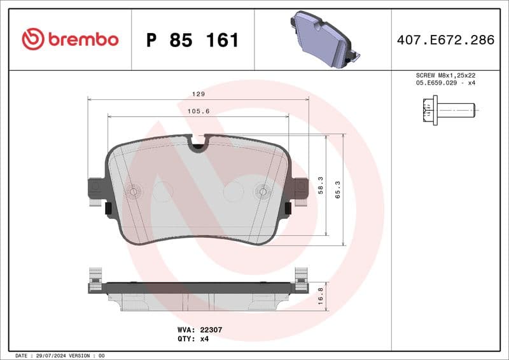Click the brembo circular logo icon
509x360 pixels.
pyautogui.click(x=33, y=39)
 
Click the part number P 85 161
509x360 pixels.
pyautogui.click(x=192, y=40)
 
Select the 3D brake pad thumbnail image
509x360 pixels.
pyautogui.click(x=323, y=39)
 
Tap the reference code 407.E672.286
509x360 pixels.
pyautogui.click(x=445, y=40)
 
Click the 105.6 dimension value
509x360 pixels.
pyautogui.click(x=199, y=111)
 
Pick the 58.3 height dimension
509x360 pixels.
pyautogui.click(x=321, y=185)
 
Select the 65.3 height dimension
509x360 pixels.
pyautogui.click(x=338, y=189)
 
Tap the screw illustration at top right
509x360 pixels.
pyautogui.click(x=449, y=110)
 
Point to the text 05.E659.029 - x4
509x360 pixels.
pyautogui.click(x=445, y=83)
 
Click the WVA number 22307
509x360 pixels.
pyautogui.click(x=209, y=330)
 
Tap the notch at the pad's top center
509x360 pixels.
pyautogui.click(x=199, y=145)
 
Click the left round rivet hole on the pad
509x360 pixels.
pyautogui.click(x=134, y=191)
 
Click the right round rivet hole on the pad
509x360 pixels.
pyautogui.click(x=262, y=191)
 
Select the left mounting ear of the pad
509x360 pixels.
pyautogui.click(x=95, y=188)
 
